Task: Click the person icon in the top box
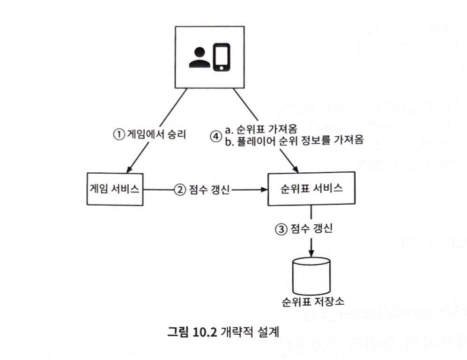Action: (x=200, y=58)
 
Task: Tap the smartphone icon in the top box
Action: (x=222, y=58)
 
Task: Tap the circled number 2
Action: (x=180, y=191)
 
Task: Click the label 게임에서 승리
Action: (x=156, y=135)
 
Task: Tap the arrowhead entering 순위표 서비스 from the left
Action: (x=264, y=190)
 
